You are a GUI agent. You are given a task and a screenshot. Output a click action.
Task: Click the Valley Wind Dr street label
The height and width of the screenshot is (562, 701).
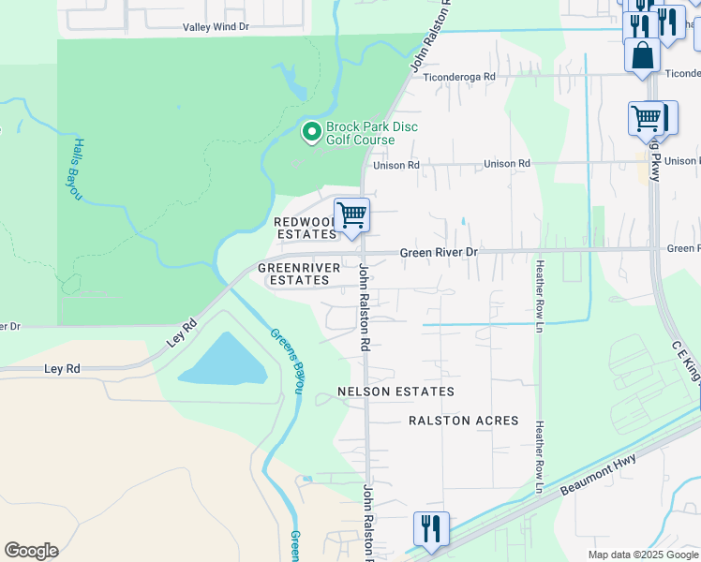point(216,27)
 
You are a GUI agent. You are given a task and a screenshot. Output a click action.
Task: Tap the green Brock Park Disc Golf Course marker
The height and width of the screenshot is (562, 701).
point(311,133)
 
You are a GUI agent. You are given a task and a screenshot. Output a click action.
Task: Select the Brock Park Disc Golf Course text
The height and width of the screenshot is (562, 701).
point(372,133)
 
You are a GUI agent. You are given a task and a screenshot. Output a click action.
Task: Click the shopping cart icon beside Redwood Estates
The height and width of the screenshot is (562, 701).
point(351,214)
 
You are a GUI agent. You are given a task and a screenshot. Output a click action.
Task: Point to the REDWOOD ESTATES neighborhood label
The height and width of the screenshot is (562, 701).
point(305,228)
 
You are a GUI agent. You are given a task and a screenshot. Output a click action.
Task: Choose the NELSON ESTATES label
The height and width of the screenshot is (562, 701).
point(396,392)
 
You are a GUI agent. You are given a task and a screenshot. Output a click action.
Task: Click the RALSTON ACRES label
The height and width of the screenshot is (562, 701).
point(464,421)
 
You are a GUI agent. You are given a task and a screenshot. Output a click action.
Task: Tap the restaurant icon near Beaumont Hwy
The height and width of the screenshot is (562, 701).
point(431,528)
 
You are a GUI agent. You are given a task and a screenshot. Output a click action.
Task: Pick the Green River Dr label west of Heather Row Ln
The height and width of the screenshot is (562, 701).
point(439,253)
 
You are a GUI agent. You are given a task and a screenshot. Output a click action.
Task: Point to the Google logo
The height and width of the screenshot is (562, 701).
point(31,551)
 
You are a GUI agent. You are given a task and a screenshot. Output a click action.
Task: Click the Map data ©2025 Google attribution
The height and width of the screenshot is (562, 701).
point(642,555)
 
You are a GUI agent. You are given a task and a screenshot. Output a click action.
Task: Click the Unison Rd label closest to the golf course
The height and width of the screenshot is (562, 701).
point(395,166)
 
